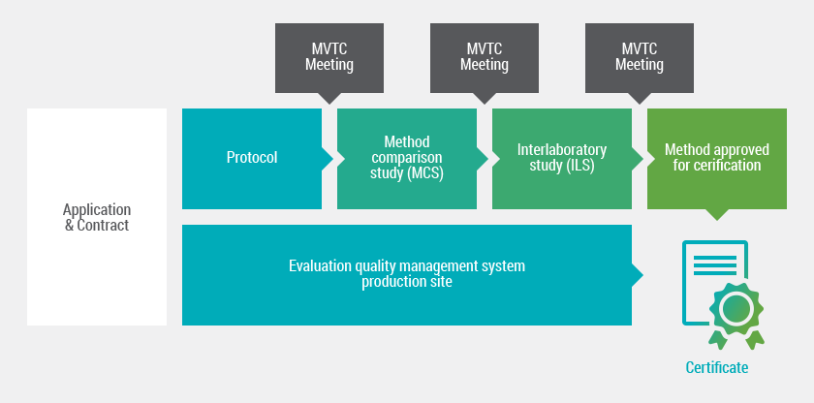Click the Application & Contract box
[97, 217]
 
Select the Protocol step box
[252, 158]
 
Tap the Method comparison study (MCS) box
[407, 158]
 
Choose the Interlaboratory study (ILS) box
[562, 158]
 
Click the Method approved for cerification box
[717, 158]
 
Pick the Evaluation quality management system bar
[407, 274]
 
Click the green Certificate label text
[717, 368]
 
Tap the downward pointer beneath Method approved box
[717, 215]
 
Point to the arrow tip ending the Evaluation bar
[638, 274]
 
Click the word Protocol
[252, 158]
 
